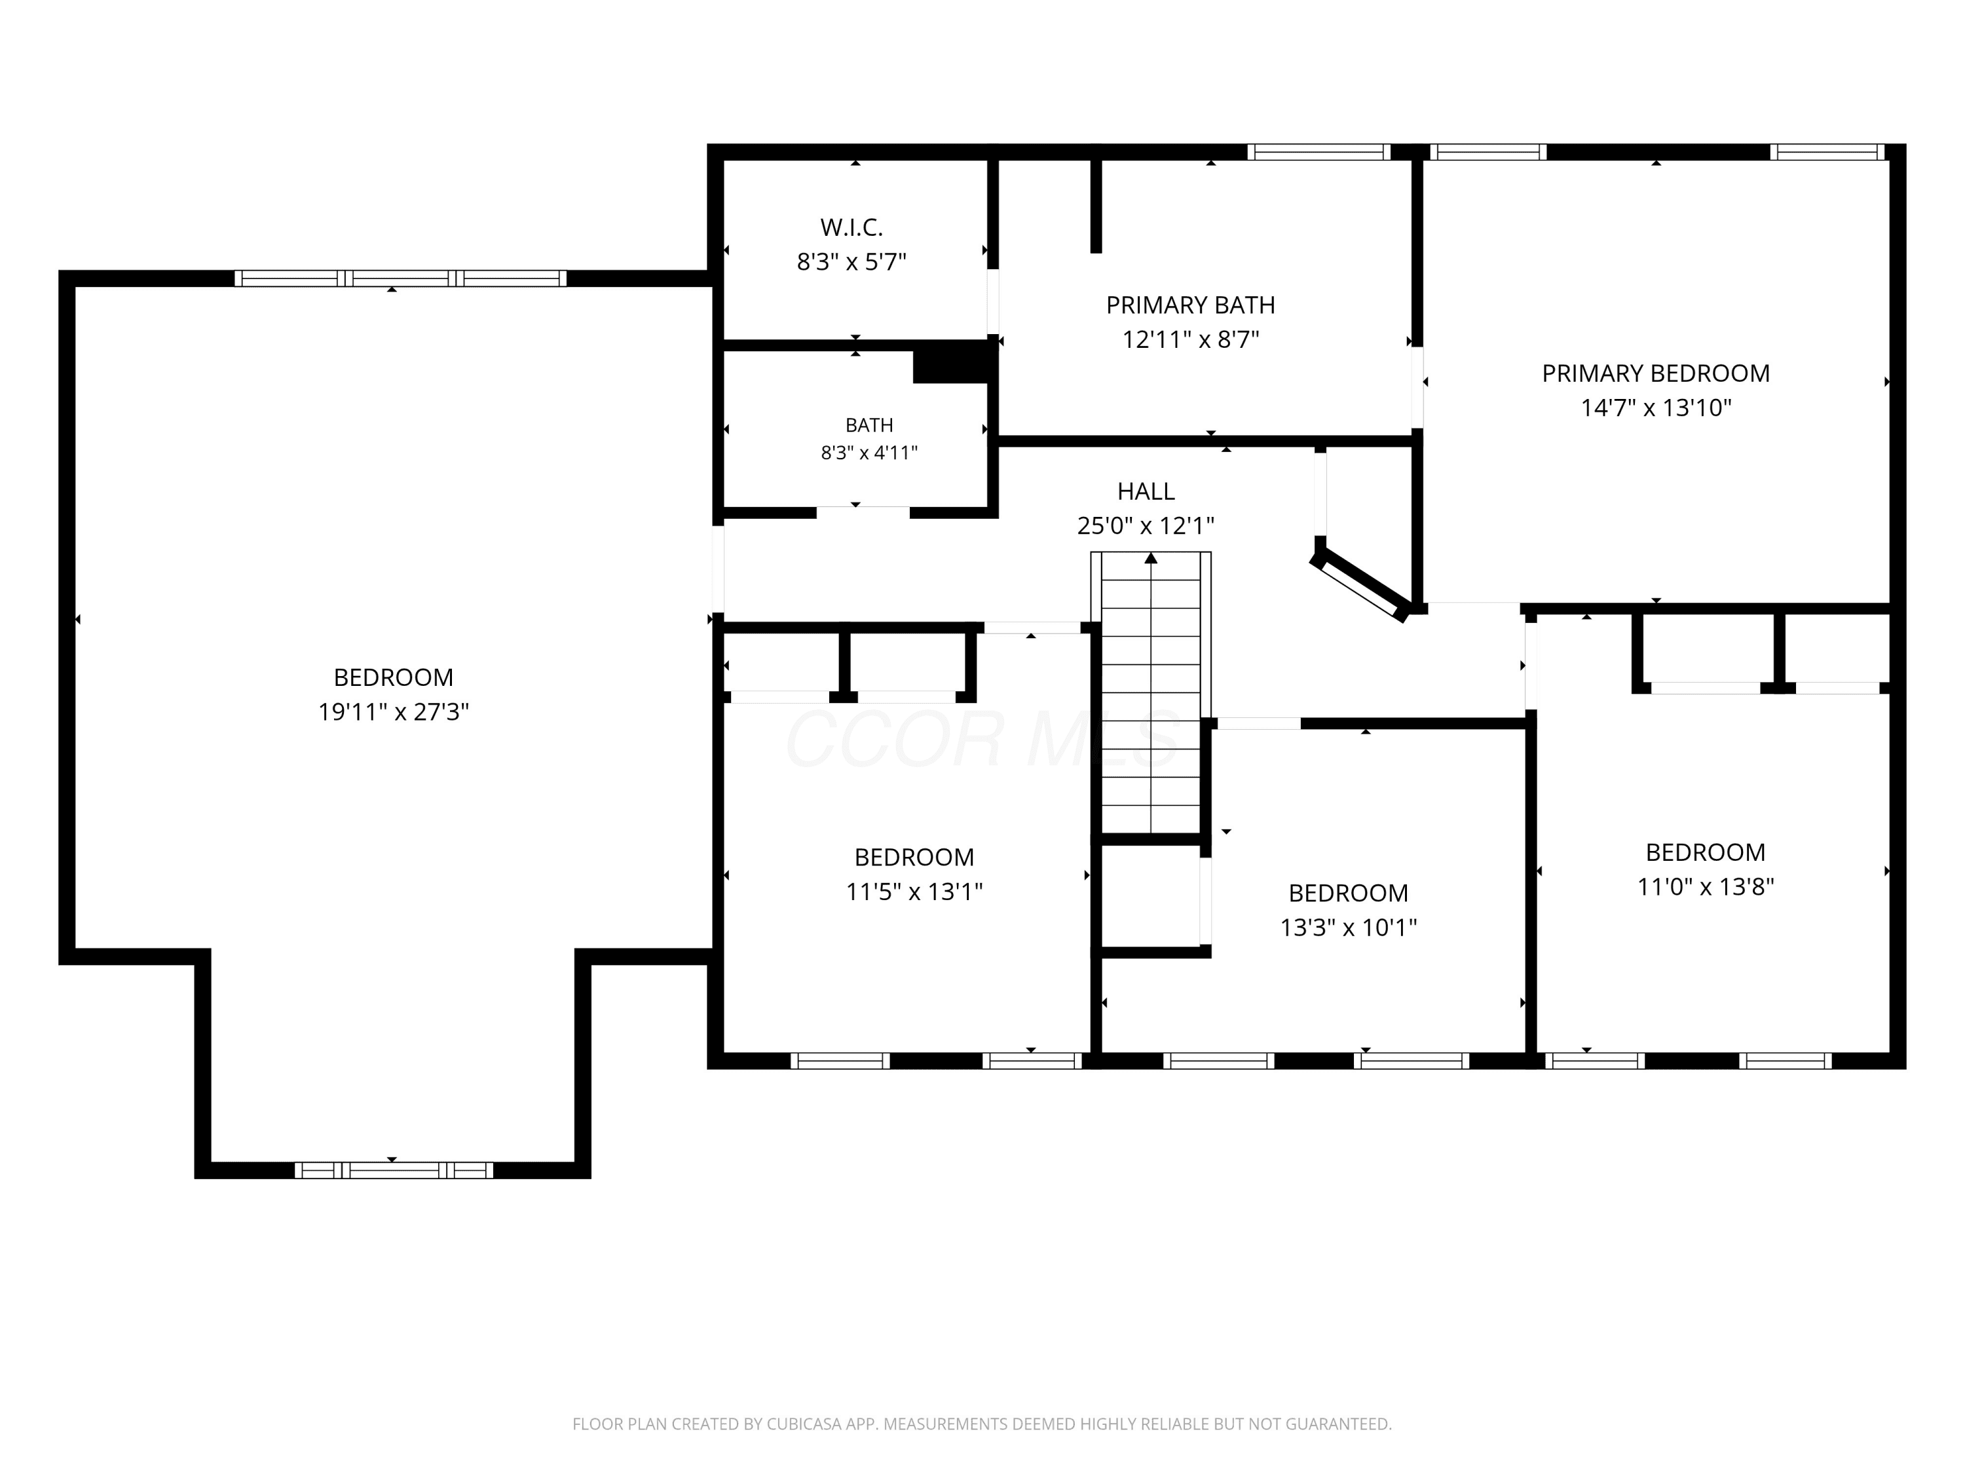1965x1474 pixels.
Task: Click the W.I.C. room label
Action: click(x=851, y=227)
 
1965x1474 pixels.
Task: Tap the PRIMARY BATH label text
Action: click(x=1190, y=305)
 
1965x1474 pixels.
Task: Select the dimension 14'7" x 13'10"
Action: click(x=1656, y=408)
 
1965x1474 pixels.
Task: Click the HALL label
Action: click(x=1146, y=491)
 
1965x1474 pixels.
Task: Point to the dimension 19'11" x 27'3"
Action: click(x=394, y=711)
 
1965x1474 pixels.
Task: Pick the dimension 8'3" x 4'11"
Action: click(x=869, y=452)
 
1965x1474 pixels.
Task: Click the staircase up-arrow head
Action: click(x=1151, y=558)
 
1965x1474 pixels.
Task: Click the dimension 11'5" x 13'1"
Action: click(x=914, y=891)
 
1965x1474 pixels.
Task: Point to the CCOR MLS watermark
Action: click(x=982, y=738)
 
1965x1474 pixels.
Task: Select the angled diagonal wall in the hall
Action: click(x=1360, y=584)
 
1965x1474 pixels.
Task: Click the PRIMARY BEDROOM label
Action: click(x=1656, y=373)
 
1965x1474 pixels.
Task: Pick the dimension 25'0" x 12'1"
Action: click(x=1146, y=525)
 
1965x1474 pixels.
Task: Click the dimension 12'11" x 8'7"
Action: click(x=1190, y=339)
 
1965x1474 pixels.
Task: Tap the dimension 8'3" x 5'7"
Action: click(x=851, y=262)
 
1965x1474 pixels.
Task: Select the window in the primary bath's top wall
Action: click(x=1319, y=152)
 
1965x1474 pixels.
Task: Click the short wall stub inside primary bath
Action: click(x=1096, y=205)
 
